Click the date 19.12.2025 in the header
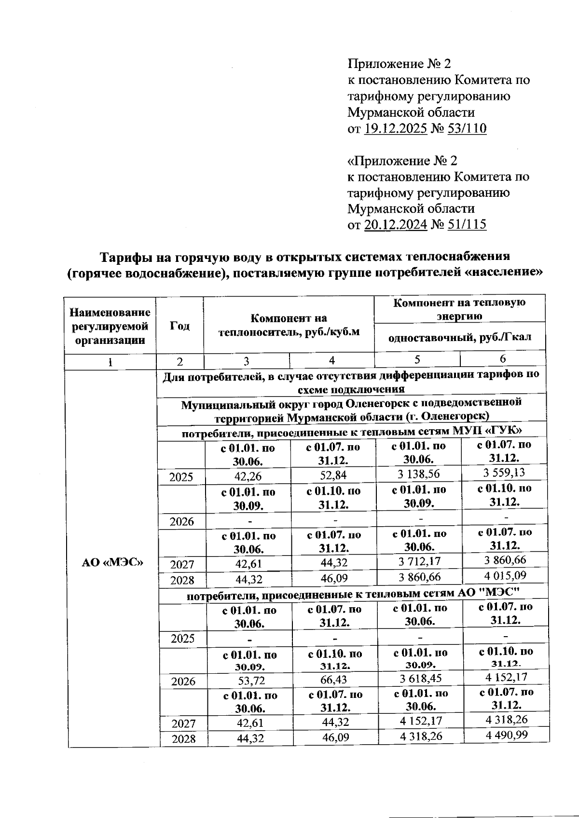tap(395, 129)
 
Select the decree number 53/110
tap(467, 129)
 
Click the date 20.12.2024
tap(395, 225)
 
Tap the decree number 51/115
tap(467, 225)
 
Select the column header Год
tap(180, 326)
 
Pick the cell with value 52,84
tap(333, 475)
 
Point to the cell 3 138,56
tap(418, 474)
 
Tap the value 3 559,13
tap(504, 473)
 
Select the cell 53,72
tap(249, 681)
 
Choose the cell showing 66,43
tap(335, 680)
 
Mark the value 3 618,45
tap(420, 679)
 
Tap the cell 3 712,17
tap(419, 561)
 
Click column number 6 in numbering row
tap(503, 359)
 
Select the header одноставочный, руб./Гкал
tap(460, 337)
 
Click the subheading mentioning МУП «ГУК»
tap(352, 433)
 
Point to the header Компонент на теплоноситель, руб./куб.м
tap(289, 325)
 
